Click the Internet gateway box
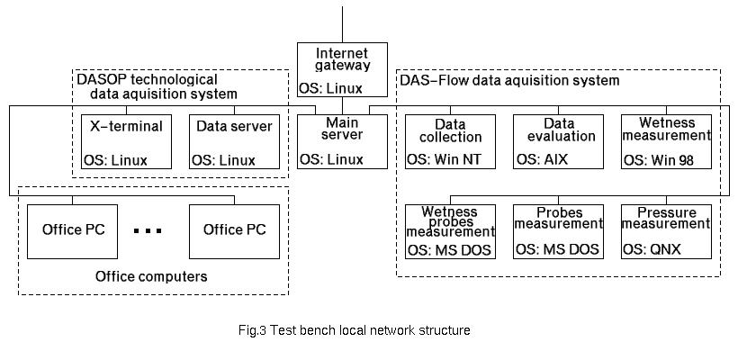tap(342, 69)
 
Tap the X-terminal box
tap(126, 141)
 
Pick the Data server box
tap(234, 141)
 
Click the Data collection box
tap(450, 141)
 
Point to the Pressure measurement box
tap(666, 231)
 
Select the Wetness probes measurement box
tap(450, 231)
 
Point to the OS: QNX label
tap(652, 249)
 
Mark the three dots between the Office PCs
tap(147, 230)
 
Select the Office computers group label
tap(151, 276)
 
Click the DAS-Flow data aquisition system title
tap(508, 81)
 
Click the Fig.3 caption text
tap(354, 330)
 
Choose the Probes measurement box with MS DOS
tap(558, 231)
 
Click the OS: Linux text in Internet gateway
tap(331, 88)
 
